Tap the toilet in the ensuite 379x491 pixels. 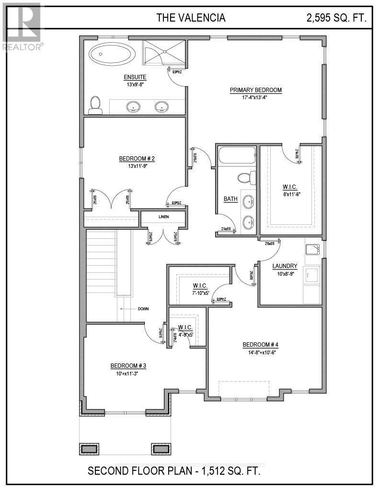pos(95,105)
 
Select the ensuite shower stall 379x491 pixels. pos(164,53)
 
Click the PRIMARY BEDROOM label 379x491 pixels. pos(255,90)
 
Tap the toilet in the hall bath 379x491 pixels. pos(245,178)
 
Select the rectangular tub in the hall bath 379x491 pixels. pos(237,155)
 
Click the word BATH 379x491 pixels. pos(230,199)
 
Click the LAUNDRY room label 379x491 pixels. pos(285,266)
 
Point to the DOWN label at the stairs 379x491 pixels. pos(143,309)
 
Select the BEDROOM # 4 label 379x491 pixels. pos(260,345)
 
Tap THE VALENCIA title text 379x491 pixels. pos(191,18)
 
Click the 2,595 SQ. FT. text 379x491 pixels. pos(336,18)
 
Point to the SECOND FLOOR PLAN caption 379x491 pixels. pos(174,471)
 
